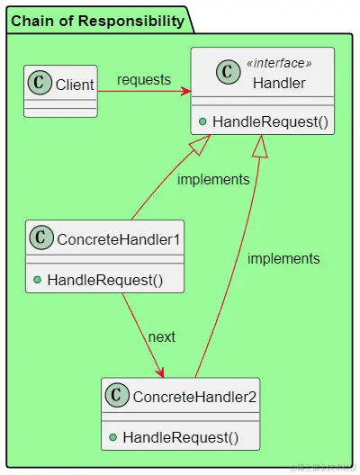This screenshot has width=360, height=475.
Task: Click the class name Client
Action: coord(75,85)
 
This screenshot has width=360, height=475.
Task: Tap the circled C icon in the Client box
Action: coord(40,85)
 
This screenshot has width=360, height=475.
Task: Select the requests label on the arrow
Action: coord(143,79)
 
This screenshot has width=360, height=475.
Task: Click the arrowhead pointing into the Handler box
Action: coord(185,91)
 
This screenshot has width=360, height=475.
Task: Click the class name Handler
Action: coord(279,83)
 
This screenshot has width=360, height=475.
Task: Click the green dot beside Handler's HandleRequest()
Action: coord(202,121)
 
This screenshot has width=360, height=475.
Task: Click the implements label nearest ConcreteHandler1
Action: coord(213,179)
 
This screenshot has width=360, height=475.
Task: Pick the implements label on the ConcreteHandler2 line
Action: coord(283,258)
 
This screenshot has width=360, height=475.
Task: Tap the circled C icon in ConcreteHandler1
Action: coord(42,238)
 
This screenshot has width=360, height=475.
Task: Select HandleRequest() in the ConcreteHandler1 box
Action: coord(104,280)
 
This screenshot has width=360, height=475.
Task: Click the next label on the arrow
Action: coord(162,336)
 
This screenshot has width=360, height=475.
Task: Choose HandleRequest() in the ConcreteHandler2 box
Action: coord(180,437)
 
